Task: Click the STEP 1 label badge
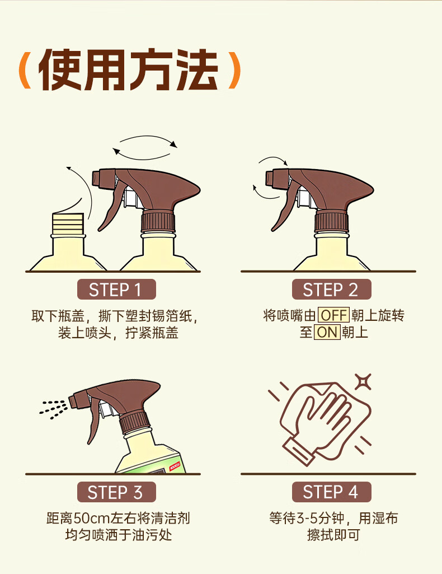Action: tap(116, 290)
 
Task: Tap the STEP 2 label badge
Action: tap(331, 290)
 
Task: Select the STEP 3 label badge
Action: tap(116, 492)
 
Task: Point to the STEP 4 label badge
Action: tap(331, 492)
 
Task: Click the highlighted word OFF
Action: tap(333, 315)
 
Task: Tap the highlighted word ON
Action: tap(327, 332)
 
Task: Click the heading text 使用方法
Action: tap(129, 70)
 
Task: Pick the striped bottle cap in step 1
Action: tap(68, 223)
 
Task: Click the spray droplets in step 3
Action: tap(53, 409)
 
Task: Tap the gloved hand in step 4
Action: tap(322, 424)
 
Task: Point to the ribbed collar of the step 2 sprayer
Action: tap(331, 221)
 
